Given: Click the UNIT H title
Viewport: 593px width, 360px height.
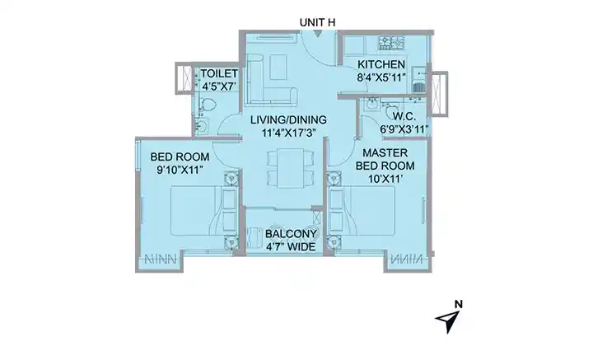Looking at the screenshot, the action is tap(317, 22).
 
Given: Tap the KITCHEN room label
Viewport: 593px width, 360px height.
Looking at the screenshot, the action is tap(381, 64).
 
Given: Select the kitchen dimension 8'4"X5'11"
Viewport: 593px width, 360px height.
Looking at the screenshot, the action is tap(381, 78).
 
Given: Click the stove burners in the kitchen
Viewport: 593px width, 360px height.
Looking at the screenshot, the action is tap(391, 43).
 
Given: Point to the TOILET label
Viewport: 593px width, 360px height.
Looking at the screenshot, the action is tap(219, 73).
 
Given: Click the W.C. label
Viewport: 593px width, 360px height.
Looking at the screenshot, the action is tap(404, 116).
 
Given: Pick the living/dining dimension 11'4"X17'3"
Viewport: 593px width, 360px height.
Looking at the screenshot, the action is tap(289, 133).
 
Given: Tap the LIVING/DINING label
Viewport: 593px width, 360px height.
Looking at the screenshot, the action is tap(288, 120).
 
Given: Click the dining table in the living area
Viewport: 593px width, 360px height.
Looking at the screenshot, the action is tap(290, 168).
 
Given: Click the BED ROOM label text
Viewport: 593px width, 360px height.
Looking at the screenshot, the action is tap(180, 157).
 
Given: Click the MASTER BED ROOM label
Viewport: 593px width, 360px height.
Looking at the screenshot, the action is tap(385, 159).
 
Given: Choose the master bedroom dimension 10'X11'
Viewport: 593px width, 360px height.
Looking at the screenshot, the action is tap(385, 179).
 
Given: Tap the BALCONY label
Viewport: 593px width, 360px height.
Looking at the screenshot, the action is tap(291, 234).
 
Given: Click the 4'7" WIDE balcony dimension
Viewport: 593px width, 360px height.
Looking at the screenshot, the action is tap(291, 247).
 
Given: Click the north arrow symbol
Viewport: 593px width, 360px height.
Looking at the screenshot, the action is tap(449, 321).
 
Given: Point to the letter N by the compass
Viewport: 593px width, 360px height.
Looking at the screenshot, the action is tap(459, 304).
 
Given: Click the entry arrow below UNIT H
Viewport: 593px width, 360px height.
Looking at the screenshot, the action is tap(317, 34).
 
